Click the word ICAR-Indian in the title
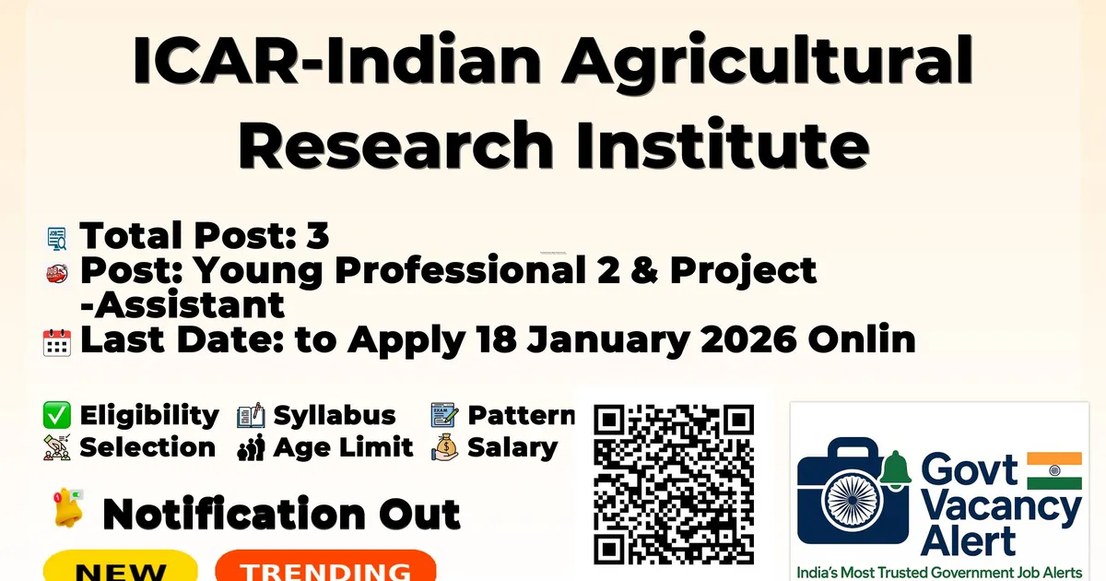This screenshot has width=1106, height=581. (x=336, y=60)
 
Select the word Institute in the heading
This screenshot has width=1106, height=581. (x=723, y=144)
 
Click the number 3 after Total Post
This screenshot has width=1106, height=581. (x=317, y=236)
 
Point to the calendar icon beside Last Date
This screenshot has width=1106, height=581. (x=57, y=342)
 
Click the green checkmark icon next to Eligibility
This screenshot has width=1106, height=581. (x=57, y=415)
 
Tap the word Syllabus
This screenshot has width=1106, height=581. (x=335, y=416)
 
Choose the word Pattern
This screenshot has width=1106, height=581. (x=522, y=415)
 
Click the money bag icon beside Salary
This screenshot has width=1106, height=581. (x=445, y=447)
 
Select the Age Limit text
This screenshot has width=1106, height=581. (x=343, y=447)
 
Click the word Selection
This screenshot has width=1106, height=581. (x=147, y=447)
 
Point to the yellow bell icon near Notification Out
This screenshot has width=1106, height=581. (x=68, y=508)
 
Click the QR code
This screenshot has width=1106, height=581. (x=674, y=484)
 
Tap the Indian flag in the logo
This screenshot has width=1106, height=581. (x=1054, y=470)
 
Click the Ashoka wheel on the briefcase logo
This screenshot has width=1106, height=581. (x=853, y=500)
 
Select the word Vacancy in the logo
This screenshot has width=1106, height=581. (x=1001, y=509)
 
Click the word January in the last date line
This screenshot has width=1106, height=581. (x=607, y=340)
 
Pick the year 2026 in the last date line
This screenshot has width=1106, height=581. (x=748, y=339)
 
